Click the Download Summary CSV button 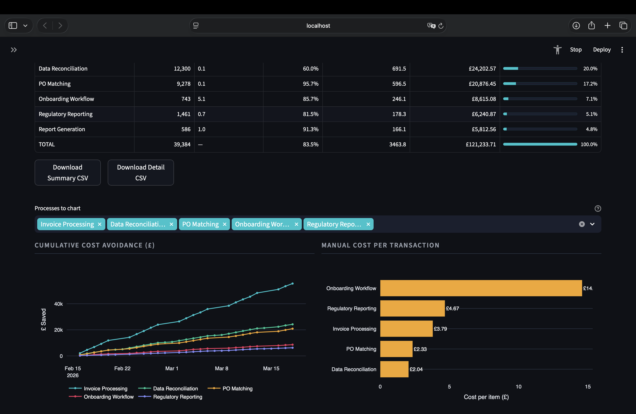click(68, 173)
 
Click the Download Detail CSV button click(141, 173)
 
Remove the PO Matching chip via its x click(225, 224)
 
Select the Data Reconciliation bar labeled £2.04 click(394, 369)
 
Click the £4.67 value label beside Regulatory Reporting click(452, 308)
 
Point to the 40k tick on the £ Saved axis click(58, 304)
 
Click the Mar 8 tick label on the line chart click(221, 368)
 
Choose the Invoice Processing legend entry click(105, 388)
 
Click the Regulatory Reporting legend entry click(177, 397)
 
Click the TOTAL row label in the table click(47, 144)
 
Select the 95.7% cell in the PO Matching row click(310, 84)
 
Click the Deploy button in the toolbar click(602, 50)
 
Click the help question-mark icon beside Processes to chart click(597, 208)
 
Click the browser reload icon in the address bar click(441, 26)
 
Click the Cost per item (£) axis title click(486, 397)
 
